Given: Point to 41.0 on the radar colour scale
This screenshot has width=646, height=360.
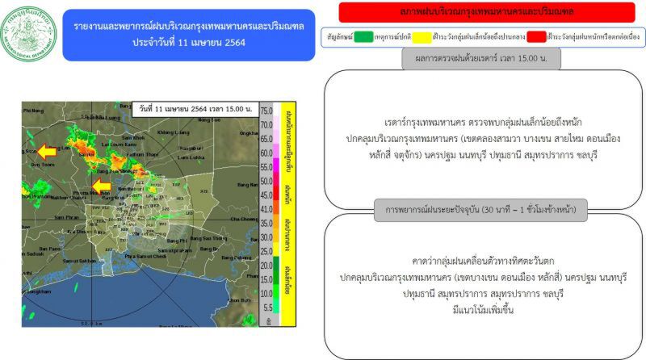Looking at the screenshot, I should [266, 208].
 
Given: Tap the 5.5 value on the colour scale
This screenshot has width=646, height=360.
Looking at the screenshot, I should [266, 308].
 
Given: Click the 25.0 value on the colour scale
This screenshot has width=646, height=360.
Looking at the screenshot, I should [266, 249].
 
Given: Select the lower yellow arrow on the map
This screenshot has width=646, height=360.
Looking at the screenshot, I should [101, 187].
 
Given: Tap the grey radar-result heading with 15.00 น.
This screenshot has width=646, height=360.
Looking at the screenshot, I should [480, 58].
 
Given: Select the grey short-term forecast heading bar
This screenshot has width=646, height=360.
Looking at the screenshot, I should [480, 211].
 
